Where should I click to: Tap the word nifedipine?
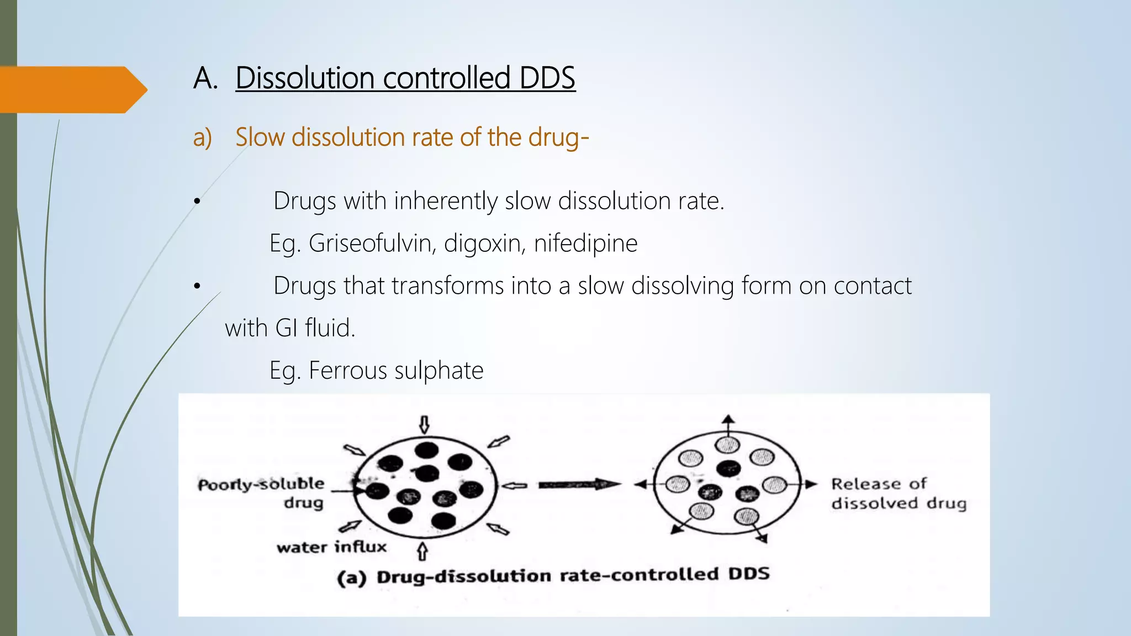(x=585, y=243)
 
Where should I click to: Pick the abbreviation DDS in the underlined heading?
(x=547, y=78)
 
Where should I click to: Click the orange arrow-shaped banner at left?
(x=72, y=90)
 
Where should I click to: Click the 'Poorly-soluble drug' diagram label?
(x=262, y=493)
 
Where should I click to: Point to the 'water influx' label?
(x=331, y=547)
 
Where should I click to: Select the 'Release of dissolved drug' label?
(x=899, y=494)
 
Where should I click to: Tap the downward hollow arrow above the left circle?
(x=424, y=425)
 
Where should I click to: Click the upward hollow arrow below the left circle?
(x=422, y=550)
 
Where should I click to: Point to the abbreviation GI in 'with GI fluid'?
(x=287, y=328)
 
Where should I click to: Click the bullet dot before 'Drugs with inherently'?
(x=197, y=202)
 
